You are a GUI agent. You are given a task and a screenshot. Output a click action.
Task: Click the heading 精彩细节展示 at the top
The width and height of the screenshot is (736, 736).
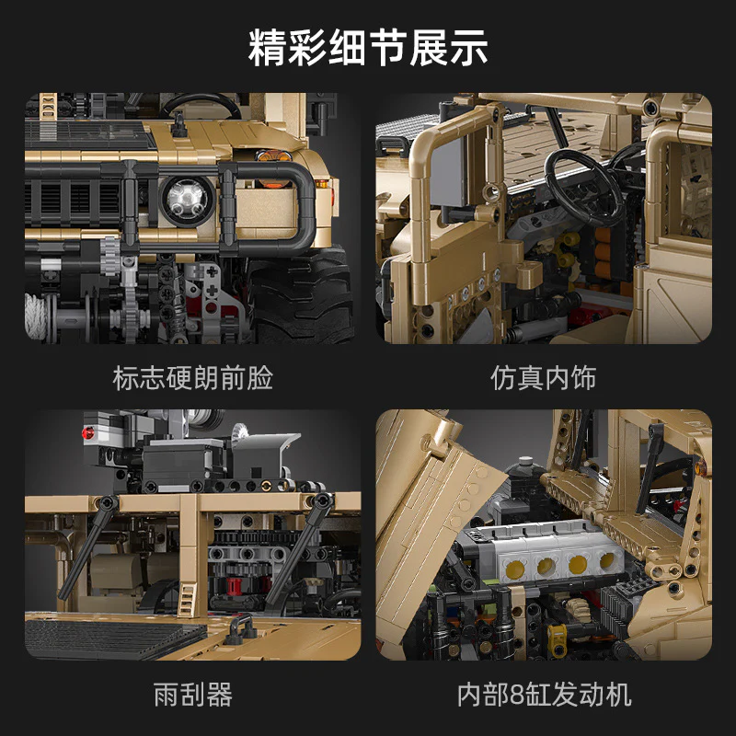tap(368, 47)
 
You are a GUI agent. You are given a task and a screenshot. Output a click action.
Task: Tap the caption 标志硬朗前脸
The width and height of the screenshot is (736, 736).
tap(192, 377)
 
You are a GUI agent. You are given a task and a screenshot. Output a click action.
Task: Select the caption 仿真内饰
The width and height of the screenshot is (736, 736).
tap(544, 377)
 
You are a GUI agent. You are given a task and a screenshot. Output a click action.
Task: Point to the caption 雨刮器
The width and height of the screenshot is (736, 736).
tap(192, 694)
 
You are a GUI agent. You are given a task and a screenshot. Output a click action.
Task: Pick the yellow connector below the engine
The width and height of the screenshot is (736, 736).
tap(558, 636)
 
